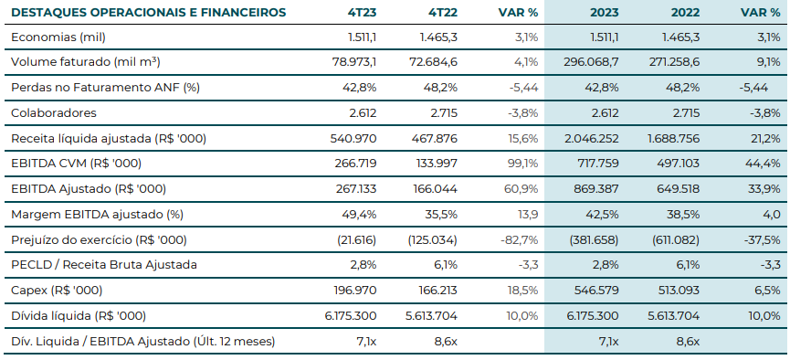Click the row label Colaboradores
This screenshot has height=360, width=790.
pos(53,113)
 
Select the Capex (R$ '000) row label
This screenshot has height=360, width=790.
pos(58,290)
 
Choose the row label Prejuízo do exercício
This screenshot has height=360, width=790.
pos(99,239)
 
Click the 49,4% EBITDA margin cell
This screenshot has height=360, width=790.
pos(360,214)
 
